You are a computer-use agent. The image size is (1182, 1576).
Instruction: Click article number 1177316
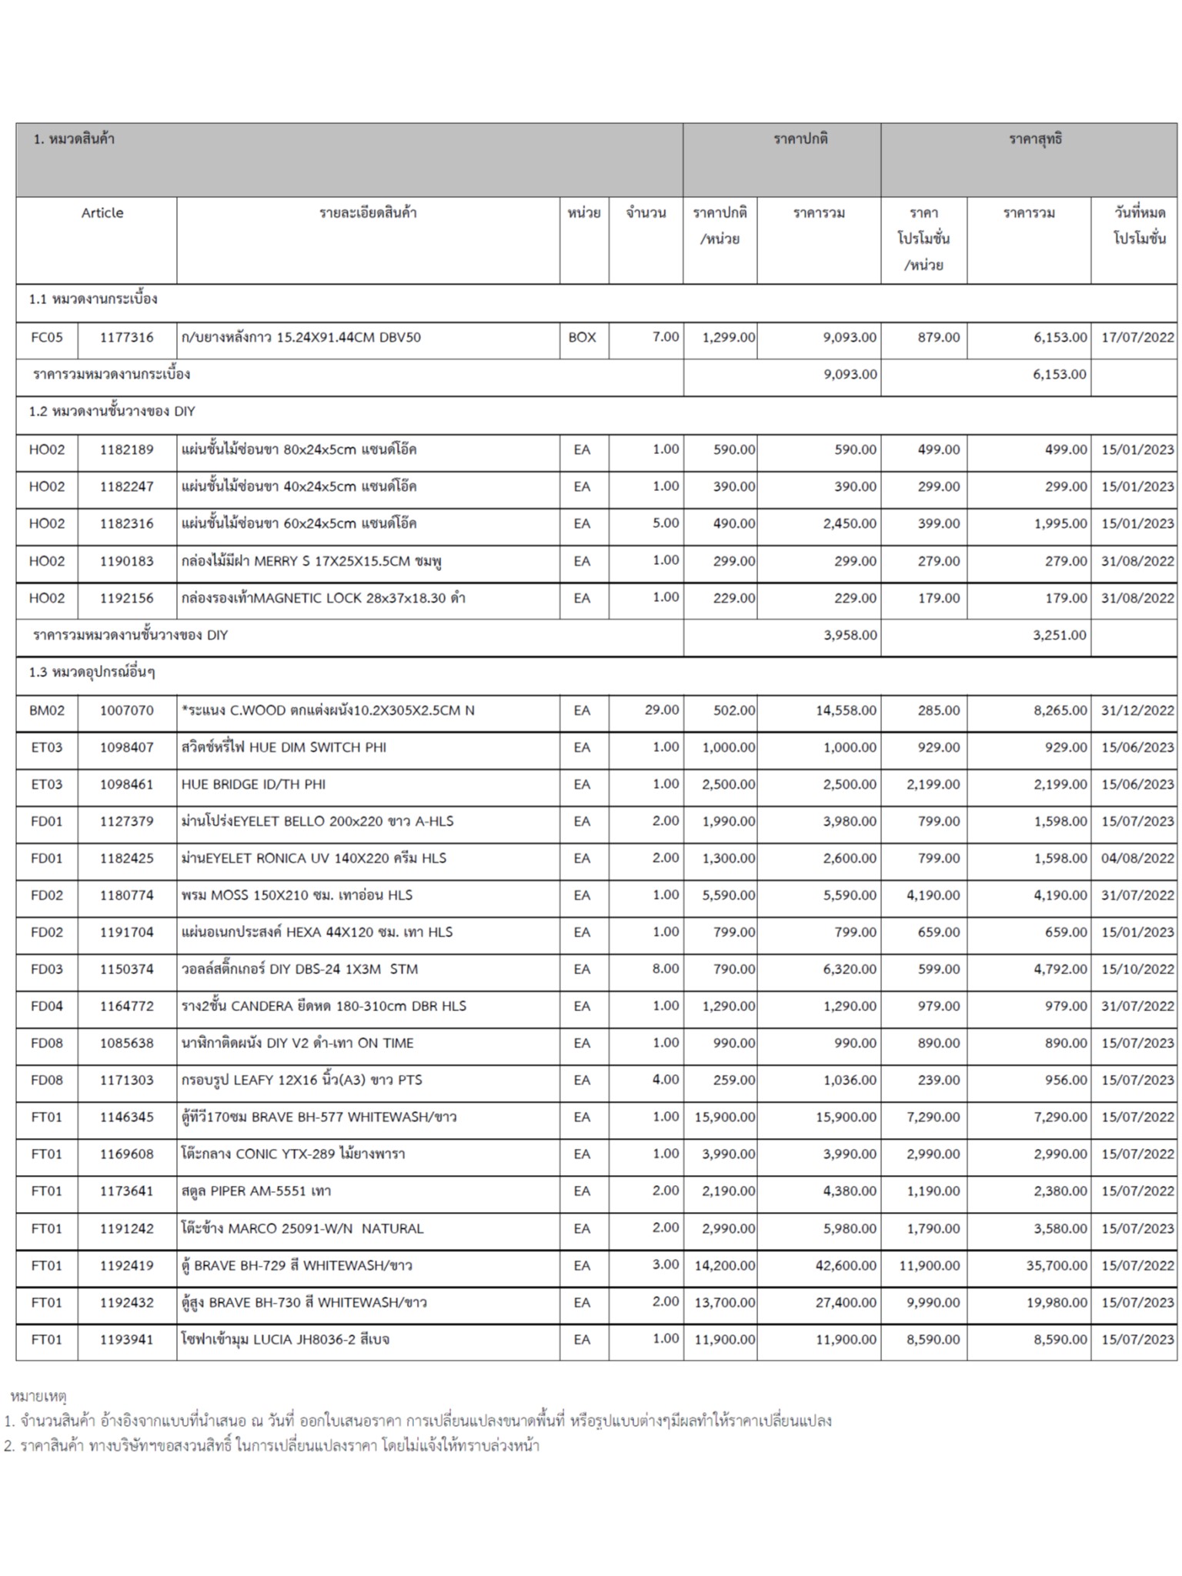[x=126, y=337]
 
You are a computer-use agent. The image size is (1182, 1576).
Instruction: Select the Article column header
[x=102, y=212]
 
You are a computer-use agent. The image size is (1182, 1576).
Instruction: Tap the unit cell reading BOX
[x=582, y=337]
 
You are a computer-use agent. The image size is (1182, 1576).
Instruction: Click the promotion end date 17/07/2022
[x=1137, y=337]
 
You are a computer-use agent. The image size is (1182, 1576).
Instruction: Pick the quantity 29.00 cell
[x=661, y=710]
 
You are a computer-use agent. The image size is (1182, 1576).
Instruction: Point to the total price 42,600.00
[x=846, y=1265]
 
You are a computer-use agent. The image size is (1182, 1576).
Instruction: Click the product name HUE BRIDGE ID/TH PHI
[x=253, y=784]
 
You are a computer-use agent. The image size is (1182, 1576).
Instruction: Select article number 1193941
[x=126, y=1339]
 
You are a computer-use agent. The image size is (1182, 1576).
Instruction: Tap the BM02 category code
[x=47, y=710]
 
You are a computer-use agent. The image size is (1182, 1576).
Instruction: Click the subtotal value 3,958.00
[x=850, y=635]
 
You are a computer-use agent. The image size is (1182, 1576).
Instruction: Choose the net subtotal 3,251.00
[x=1059, y=635]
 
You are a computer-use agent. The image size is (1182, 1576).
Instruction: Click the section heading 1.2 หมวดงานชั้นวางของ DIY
[x=112, y=411]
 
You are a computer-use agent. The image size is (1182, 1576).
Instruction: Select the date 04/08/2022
[x=1137, y=858]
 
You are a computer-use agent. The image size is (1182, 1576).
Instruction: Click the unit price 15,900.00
[x=724, y=1117]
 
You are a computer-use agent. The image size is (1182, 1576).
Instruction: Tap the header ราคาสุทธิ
[x=1035, y=139]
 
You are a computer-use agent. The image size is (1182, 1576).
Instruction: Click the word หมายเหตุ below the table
[x=38, y=1395]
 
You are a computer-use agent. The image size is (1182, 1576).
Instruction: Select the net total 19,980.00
[x=1056, y=1302]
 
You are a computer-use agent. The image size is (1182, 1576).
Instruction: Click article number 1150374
[x=126, y=969]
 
